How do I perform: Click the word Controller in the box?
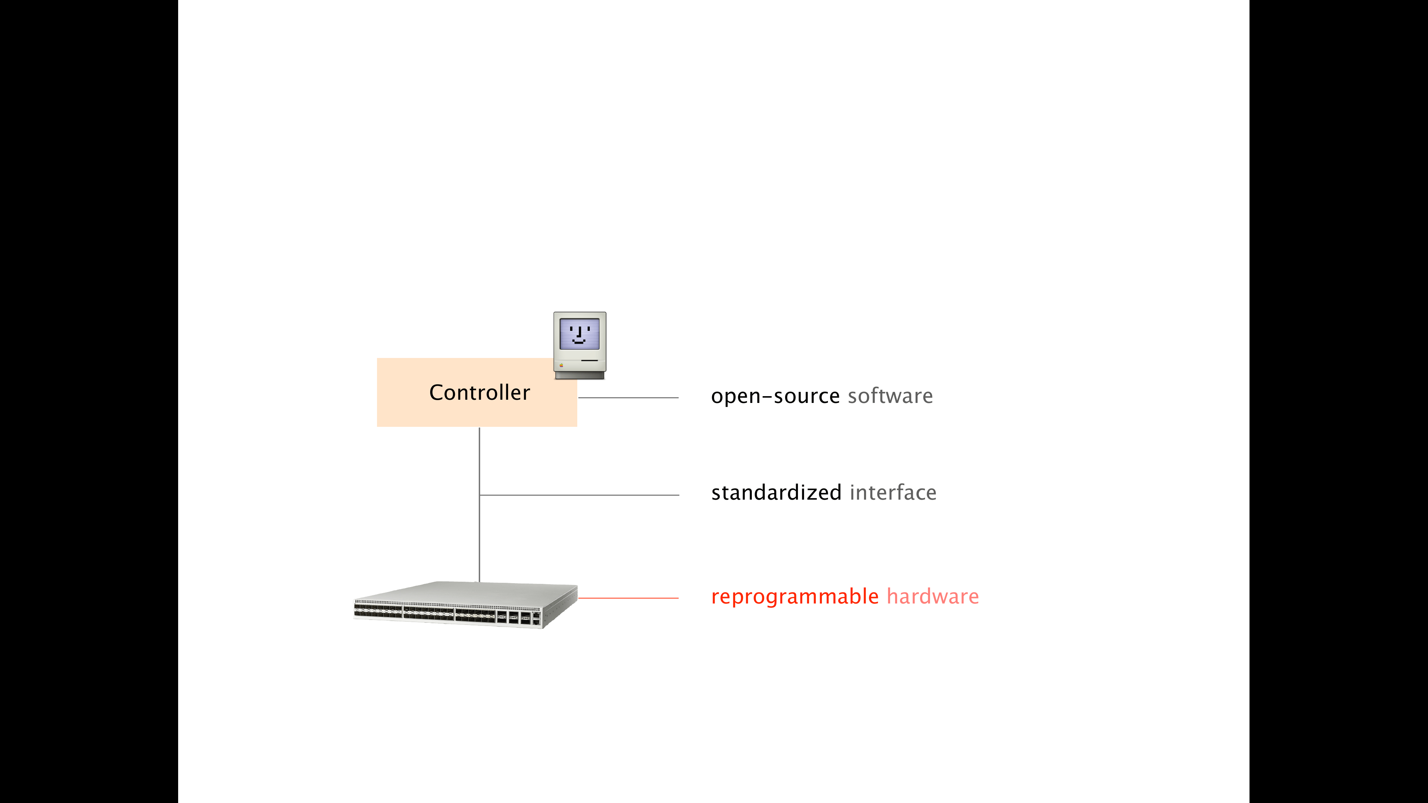(x=479, y=392)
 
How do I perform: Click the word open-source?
(x=775, y=396)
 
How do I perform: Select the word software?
(x=890, y=396)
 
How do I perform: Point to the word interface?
(x=893, y=492)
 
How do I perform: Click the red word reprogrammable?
(x=794, y=597)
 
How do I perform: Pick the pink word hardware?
(x=933, y=596)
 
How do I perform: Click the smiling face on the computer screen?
(x=579, y=334)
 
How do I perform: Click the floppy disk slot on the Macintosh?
(x=589, y=361)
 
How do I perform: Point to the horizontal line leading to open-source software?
(x=628, y=397)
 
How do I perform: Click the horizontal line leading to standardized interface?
(x=579, y=495)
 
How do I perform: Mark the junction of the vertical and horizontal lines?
(x=479, y=495)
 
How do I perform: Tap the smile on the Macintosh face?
(x=579, y=342)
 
